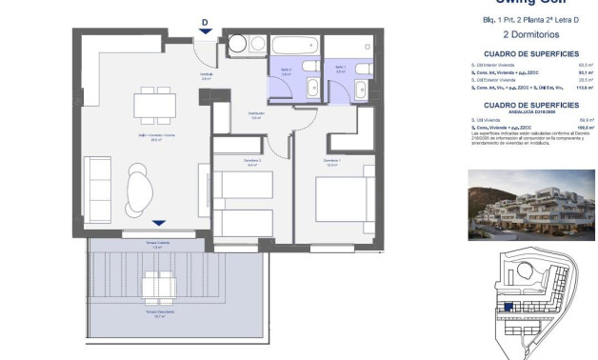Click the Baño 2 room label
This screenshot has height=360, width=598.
pyautogui.click(x=286, y=71)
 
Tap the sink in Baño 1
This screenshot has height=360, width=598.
pyautogui.click(x=359, y=90)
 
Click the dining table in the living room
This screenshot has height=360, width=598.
pyautogui.click(x=151, y=102)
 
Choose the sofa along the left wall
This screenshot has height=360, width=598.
pyautogui.click(x=97, y=186)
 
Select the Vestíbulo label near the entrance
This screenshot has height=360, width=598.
pyautogui.click(x=206, y=76)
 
